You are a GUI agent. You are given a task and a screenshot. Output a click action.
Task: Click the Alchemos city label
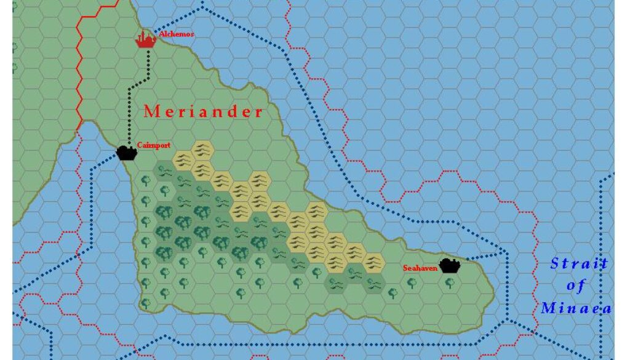176,34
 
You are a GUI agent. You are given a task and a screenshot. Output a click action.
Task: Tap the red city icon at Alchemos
145,41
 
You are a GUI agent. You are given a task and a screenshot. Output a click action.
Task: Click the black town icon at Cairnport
126,152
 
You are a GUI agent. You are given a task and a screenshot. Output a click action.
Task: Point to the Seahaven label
420,268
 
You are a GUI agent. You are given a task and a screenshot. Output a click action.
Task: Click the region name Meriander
203,112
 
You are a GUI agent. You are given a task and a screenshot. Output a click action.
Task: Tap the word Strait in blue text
578,264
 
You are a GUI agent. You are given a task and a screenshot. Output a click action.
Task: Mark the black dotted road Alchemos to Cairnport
130,105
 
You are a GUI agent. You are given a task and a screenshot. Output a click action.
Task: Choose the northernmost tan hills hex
202,148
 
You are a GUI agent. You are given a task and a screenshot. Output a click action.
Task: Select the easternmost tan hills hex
373,263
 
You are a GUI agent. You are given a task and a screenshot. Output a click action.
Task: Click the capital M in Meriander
150,112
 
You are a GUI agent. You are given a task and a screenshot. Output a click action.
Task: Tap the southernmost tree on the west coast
145,303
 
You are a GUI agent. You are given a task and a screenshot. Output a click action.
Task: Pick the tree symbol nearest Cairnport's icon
146,180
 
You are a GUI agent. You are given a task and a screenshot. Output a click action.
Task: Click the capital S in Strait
554,264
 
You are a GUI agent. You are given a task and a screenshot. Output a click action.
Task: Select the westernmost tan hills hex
183,159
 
